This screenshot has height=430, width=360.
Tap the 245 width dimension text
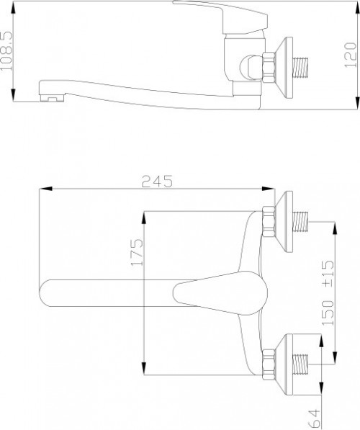[x=158, y=182]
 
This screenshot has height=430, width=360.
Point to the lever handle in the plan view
[x=216, y=291]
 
